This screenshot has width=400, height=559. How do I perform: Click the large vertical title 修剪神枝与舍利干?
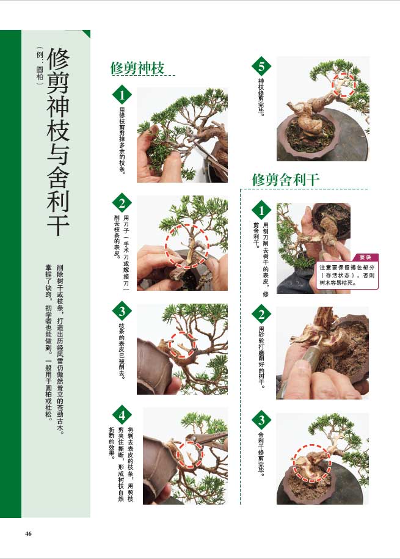pyautogui.click(x=58, y=141)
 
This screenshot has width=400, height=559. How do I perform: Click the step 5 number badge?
pyautogui.click(x=262, y=67)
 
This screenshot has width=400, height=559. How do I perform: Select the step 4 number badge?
pyautogui.click(x=122, y=417)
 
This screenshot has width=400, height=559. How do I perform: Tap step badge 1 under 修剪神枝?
pyautogui.click(x=122, y=95)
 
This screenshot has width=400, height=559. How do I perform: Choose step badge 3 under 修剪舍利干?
pyautogui.click(x=262, y=420)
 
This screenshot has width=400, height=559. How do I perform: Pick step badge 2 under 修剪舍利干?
pyautogui.click(x=262, y=315)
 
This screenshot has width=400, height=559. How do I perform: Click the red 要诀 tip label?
pyautogui.click(x=365, y=257)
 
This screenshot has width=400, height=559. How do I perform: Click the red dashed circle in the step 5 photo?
pyautogui.click(x=344, y=84)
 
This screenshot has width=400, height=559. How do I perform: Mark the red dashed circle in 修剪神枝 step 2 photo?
pyautogui.click(x=187, y=246)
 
